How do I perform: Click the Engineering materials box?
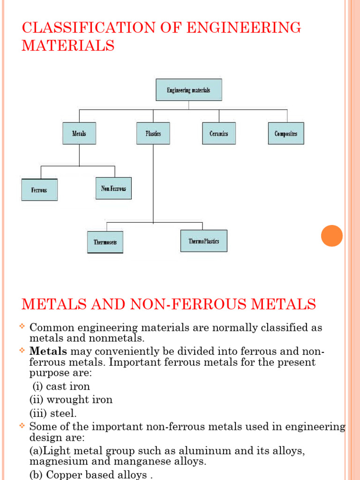[188, 90]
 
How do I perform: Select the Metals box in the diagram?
[79, 134]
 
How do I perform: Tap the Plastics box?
[153, 134]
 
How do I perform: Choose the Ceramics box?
[219, 134]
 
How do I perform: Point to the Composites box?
[286, 134]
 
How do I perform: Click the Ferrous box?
[39, 190]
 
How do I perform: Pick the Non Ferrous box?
[113, 188]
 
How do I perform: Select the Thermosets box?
[105, 242]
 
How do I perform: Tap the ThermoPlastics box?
[204, 241]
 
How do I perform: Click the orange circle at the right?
[332, 236]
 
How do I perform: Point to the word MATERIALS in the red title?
[68, 46]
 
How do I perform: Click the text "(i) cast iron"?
[61, 387]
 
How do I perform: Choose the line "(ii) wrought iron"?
[71, 400]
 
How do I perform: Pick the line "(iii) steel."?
[53, 413]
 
